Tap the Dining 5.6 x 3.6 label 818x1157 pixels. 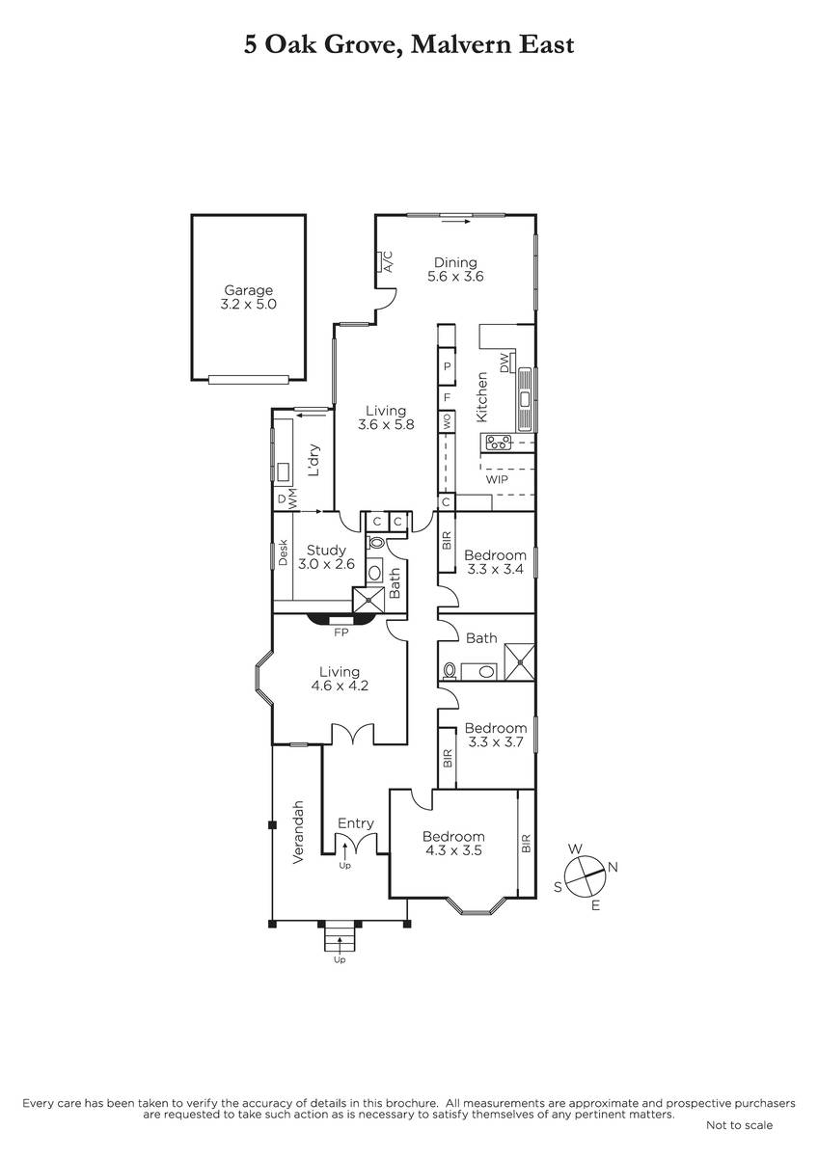pos(455,269)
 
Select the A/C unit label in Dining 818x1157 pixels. pos(390,262)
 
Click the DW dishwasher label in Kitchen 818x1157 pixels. pos(504,363)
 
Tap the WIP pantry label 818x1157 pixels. pos(497,479)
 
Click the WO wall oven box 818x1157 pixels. pos(447,421)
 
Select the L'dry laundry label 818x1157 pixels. pos(314,460)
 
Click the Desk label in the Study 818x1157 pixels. pos(283,552)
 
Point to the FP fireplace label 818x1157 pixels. pos(341,632)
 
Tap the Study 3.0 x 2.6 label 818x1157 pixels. pos(326,557)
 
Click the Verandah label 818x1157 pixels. pos(298,832)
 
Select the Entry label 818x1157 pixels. pos(356,823)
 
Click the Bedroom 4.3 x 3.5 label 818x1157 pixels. pos(453,844)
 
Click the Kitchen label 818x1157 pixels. pos(481,397)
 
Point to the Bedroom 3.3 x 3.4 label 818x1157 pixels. pos(495,562)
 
